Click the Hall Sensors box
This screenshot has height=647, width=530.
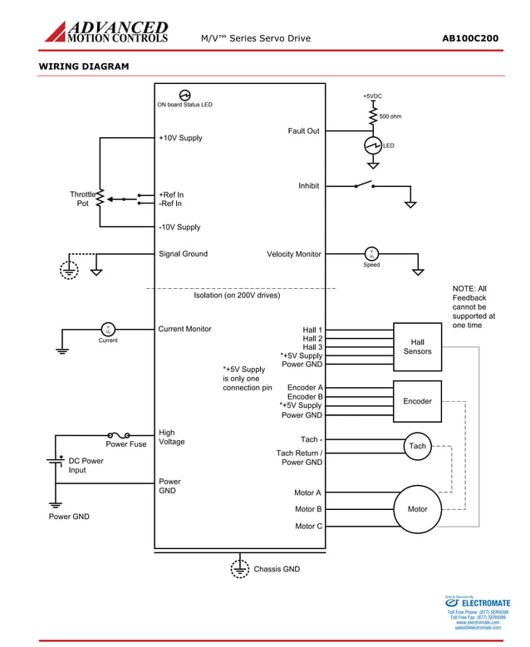[417, 346]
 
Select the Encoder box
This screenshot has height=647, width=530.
[417, 401]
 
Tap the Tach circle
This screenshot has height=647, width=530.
[417, 446]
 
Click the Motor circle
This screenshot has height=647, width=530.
[417, 509]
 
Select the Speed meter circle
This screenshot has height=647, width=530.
[371, 253]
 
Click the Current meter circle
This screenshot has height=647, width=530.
[108, 329]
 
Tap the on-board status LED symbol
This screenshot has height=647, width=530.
[185, 96]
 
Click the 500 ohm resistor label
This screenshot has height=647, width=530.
[390, 116]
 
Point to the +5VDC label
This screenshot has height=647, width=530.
[372, 96]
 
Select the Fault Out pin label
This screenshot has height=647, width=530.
[303, 131]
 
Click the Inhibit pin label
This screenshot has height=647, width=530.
[308, 186]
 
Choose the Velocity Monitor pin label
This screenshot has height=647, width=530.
[293, 254]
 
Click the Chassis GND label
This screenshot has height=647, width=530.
[277, 569]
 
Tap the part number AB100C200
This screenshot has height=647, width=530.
[470, 38]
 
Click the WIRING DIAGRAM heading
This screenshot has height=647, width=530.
[84, 66]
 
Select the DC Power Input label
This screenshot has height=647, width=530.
[86, 465]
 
